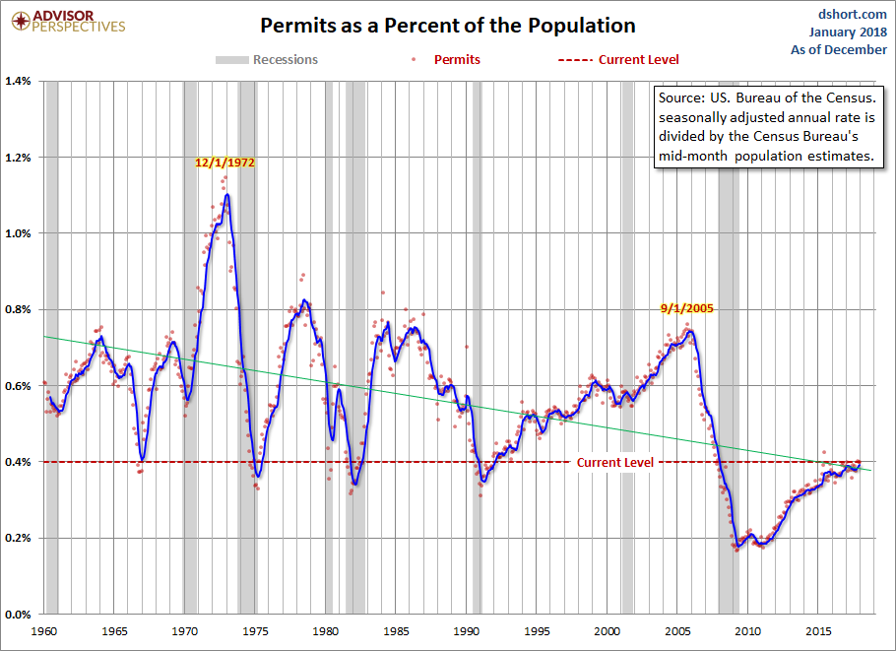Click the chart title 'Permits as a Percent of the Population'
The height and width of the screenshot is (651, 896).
tap(447, 26)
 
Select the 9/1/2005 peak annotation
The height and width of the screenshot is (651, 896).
tap(686, 307)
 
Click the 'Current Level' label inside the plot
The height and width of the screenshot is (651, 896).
tap(614, 462)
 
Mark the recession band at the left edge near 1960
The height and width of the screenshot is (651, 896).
tap(51, 345)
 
